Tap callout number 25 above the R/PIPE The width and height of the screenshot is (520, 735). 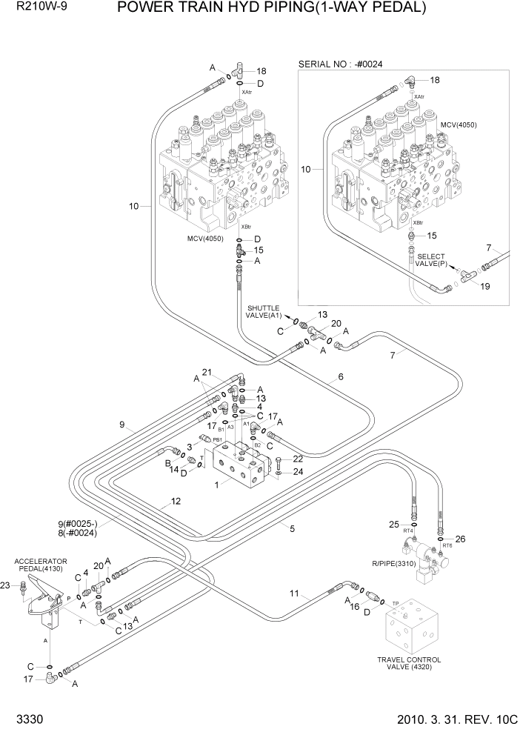394,525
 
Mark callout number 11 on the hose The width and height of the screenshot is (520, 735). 294,593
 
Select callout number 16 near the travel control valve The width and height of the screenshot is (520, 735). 355,606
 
